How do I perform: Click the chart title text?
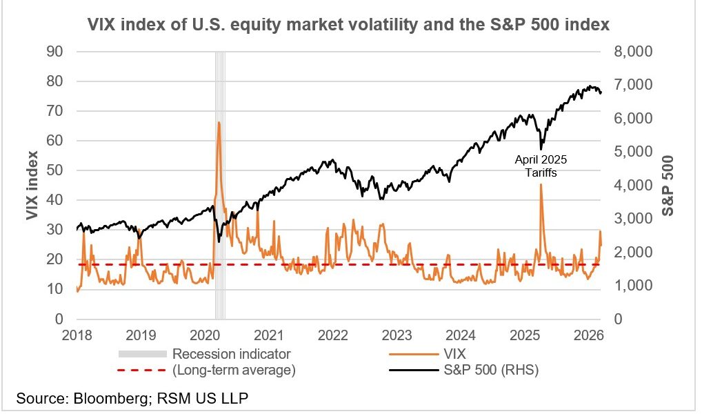tap(348, 26)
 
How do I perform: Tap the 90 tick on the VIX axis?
tap(53, 52)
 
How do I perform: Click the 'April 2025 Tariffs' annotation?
tap(541, 166)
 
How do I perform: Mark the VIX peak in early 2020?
tap(219, 122)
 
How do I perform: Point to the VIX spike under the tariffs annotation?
tap(541, 185)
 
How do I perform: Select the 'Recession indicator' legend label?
tap(232, 354)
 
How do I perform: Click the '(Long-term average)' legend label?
tap(234, 371)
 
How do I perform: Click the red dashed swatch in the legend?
tap(143, 371)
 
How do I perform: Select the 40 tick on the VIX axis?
tap(53, 200)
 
